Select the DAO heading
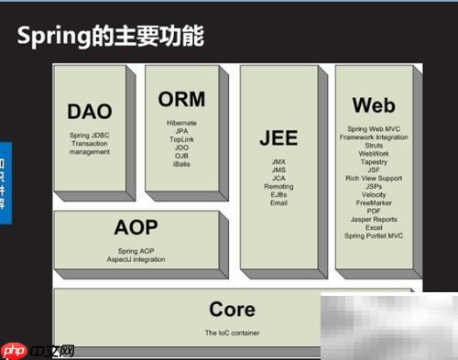89,113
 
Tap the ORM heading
181,99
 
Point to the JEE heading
278,138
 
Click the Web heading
374,105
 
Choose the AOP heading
136,228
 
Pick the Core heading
232,310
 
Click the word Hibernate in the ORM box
181,122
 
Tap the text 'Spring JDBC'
89,136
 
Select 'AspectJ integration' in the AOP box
136,260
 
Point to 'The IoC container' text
232,333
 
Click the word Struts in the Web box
374,146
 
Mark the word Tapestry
374,161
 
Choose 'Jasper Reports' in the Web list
374,219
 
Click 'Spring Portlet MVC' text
374,235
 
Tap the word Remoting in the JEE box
278,186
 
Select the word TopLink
181,138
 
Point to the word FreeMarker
374,202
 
